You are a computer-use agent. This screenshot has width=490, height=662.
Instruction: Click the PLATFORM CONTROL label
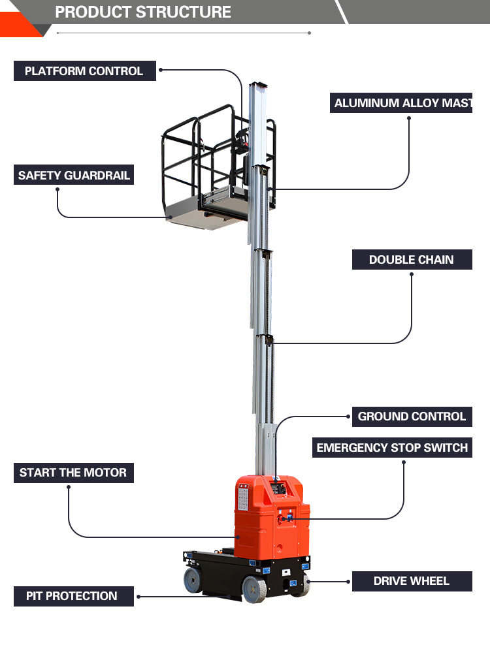(x=85, y=71)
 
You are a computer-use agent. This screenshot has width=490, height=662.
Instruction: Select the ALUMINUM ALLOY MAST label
(x=401, y=103)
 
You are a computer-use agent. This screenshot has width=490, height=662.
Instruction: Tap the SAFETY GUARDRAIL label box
(x=74, y=175)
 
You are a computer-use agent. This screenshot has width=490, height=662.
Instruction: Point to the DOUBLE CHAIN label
(x=412, y=260)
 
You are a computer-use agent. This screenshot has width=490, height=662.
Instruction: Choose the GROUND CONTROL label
(x=412, y=417)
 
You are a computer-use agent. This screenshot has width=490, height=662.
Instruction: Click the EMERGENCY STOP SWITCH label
(x=392, y=447)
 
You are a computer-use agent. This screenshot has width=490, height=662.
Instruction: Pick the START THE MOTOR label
(x=74, y=473)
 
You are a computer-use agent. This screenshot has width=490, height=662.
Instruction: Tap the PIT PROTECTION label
(x=74, y=596)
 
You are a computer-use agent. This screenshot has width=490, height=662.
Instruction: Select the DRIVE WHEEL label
(x=412, y=581)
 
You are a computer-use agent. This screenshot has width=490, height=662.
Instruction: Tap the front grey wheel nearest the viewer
(x=254, y=588)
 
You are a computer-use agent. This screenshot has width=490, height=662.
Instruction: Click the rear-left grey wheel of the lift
(x=193, y=580)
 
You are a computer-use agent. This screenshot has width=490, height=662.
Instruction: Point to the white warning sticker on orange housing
(x=243, y=497)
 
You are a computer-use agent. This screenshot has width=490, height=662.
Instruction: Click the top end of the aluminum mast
(x=258, y=84)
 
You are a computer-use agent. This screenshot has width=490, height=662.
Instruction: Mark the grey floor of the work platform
(x=207, y=216)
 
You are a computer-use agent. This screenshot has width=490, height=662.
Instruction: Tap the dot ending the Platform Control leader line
(x=161, y=70)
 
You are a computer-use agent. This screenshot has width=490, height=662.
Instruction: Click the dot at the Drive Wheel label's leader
(x=348, y=581)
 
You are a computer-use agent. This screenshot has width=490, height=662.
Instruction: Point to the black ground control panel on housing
(x=278, y=489)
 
